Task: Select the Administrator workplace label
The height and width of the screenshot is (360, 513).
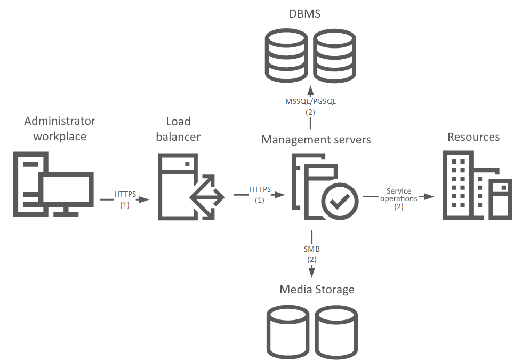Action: [60, 129]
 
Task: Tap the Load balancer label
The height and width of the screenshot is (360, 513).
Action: [178, 129]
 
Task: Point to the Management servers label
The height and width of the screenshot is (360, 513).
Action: [316, 140]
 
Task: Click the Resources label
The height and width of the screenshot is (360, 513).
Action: [474, 137]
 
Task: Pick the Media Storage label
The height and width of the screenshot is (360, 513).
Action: [317, 290]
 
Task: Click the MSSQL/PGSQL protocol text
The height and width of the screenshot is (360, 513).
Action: [311, 101]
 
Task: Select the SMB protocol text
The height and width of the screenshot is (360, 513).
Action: [311, 249]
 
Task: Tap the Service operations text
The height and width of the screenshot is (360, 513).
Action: [399, 195]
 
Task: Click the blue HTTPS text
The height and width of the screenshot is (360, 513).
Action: [125, 194]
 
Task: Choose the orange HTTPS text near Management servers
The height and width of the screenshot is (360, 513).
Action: [260, 189]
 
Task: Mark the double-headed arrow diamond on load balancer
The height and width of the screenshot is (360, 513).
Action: [207, 197]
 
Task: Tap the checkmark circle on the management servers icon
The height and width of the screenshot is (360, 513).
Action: [338, 201]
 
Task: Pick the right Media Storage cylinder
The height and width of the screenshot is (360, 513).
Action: [335, 332]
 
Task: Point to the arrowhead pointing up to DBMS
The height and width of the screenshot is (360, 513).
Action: [311, 89]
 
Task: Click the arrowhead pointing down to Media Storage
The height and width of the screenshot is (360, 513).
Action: [311, 271]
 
